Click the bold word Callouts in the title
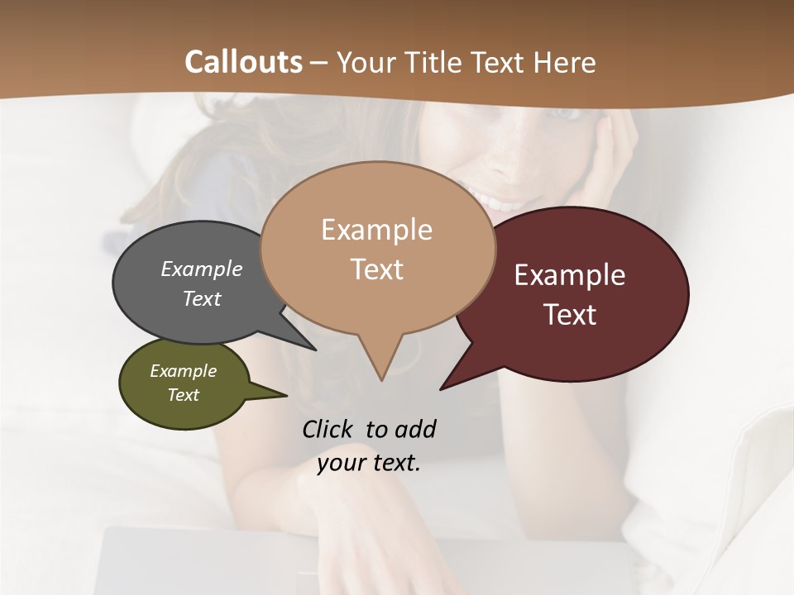[x=243, y=62]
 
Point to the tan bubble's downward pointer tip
[x=381, y=380]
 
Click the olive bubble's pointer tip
[x=286, y=395]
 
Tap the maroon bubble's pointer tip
[x=441, y=389]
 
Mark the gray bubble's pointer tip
[x=316, y=350]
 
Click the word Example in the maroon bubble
[x=570, y=275]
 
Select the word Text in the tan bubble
[x=377, y=269]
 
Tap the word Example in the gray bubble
[x=202, y=269]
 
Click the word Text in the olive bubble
[x=184, y=395]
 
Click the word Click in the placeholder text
[x=329, y=429]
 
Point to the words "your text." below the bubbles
[x=369, y=463]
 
